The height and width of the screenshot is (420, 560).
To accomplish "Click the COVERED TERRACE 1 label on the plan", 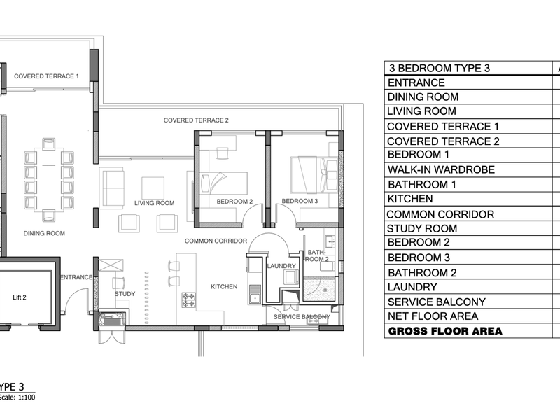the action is click(46, 76).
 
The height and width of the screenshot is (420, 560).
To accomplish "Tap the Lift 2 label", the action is click(20, 297).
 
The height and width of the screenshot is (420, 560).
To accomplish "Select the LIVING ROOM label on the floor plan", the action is click(154, 203).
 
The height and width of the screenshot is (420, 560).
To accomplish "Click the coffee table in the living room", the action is click(153, 188).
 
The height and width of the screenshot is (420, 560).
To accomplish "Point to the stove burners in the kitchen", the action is click(188, 300).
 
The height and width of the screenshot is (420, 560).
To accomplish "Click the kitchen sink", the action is click(255, 294).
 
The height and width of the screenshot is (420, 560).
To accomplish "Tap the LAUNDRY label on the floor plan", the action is click(281, 266).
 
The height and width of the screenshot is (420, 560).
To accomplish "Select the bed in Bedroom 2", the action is click(223, 183).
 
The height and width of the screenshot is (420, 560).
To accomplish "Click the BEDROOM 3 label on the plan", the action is click(300, 201).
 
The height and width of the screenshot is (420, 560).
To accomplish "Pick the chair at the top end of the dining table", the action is click(48, 144).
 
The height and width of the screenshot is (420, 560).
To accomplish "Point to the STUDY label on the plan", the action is click(125, 294).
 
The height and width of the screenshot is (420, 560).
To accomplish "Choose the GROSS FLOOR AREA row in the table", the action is click(445, 331).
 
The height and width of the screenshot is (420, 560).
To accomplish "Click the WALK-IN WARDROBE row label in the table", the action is click(441, 169).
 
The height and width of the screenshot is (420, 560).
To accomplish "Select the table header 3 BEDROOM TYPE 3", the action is click(440, 68).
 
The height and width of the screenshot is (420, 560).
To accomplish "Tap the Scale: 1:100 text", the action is click(17, 398).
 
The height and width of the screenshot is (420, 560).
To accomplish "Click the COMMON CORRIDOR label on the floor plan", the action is click(216, 241).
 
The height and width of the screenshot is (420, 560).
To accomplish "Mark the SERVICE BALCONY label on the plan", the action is click(302, 317).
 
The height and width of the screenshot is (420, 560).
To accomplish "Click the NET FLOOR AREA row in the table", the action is click(433, 316).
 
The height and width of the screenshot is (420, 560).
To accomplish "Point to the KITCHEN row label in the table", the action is click(410, 199).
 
